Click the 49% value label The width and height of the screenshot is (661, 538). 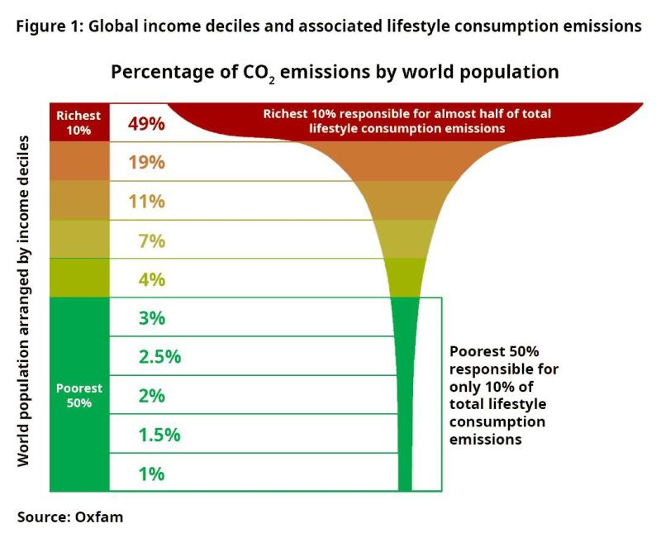(147, 123)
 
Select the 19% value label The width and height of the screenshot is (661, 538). (147, 162)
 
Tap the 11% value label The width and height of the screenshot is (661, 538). (147, 201)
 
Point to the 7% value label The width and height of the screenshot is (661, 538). (152, 240)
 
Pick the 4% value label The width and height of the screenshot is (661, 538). (152, 279)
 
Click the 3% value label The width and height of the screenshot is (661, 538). (152, 318)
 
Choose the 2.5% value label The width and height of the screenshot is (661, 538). (159, 357)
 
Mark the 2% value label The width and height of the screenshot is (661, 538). (152, 396)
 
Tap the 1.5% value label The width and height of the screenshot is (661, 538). (159, 435)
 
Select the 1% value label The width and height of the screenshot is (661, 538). (152, 474)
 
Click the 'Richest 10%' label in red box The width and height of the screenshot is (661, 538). (79, 122)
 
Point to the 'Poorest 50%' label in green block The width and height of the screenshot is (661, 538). (79, 395)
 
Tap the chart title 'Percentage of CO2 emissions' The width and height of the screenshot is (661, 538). (335, 73)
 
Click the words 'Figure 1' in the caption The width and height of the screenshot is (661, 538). (49, 26)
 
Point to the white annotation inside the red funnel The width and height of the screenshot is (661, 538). (407, 121)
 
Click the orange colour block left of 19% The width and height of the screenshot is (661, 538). (79, 162)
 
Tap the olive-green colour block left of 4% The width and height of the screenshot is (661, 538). (79, 279)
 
